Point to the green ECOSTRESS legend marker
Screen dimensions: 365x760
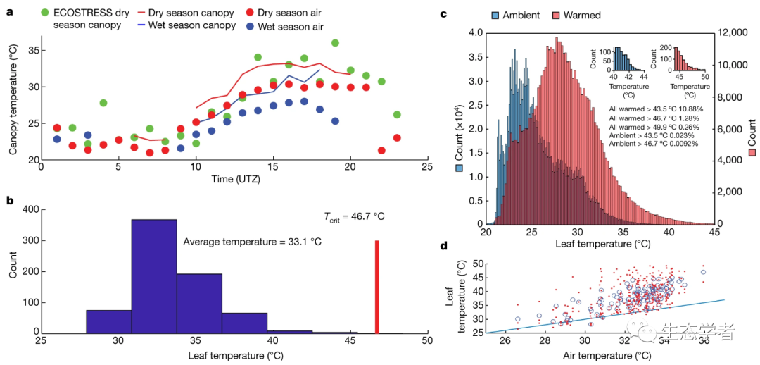pos(46,12)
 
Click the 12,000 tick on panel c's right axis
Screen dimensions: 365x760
pos(734,33)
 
